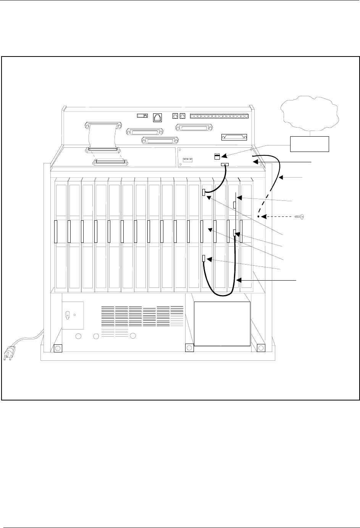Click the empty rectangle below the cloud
[310, 143]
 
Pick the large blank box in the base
[222, 323]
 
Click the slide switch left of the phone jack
[142, 115]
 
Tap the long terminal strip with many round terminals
[220, 116]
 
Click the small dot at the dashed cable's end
[258, 217]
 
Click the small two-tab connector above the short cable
[218, 156]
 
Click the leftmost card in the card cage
[61, 233]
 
